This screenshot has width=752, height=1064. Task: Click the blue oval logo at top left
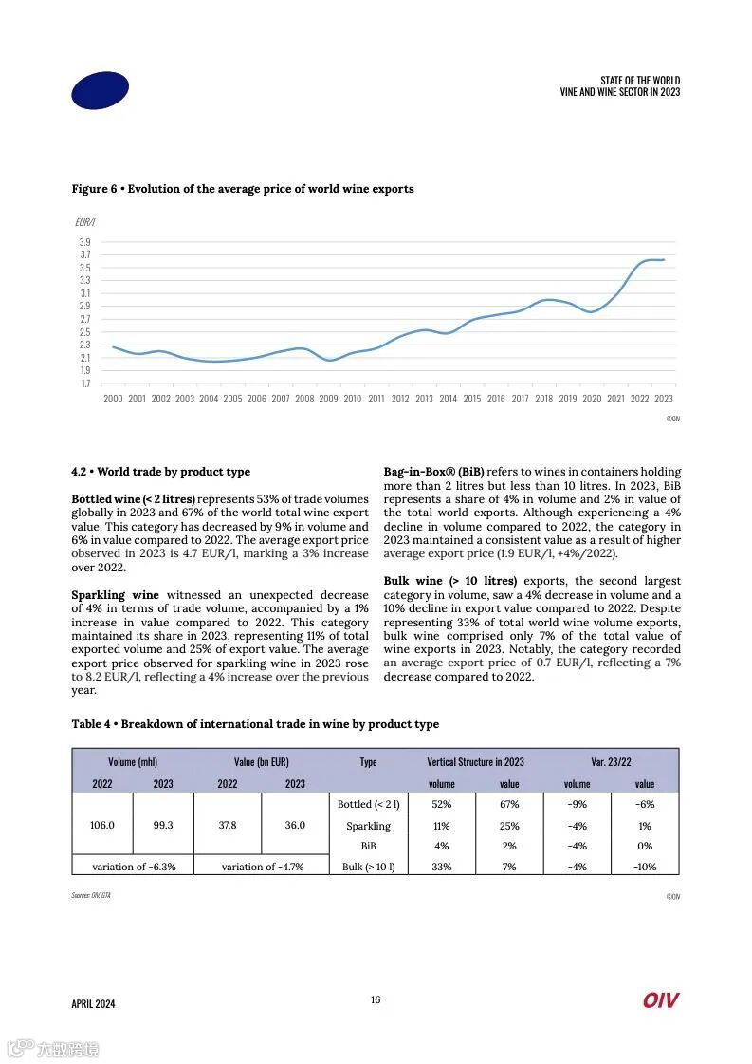(100, 91)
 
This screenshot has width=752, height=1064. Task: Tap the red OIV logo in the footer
(660, 1000)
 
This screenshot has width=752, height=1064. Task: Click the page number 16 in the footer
(376, 999)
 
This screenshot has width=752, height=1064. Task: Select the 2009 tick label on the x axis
(328, 400)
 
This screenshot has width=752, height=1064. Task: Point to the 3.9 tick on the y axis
(84, 243)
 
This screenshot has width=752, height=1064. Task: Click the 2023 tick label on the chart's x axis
(663, 400)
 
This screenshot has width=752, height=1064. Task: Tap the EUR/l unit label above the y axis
(84, 222)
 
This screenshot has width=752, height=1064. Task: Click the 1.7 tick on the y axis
(84, 383)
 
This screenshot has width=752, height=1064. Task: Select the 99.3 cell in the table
(163, 826)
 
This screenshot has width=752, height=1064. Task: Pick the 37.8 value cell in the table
(228, 826)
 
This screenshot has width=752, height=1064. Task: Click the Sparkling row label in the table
(368, 826)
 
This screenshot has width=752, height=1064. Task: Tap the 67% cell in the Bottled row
(509, 805)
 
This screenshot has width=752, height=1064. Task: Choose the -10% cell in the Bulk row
(645, 867)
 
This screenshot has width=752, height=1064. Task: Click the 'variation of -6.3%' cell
(133, 867)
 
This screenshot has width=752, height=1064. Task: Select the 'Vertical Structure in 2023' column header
(475, 762)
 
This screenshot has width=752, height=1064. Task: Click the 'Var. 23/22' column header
(611, 762)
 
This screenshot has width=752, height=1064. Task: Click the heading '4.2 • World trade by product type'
(160, 472)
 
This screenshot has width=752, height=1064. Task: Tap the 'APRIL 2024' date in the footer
(93, 1004)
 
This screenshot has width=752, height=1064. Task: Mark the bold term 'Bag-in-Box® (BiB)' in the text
(433, 472)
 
